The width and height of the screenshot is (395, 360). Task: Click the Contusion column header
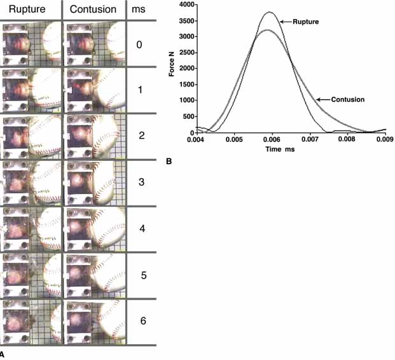coord(93,10)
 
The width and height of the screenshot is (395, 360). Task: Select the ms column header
coord(139,10)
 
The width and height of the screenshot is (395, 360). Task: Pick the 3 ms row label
coord(142,182)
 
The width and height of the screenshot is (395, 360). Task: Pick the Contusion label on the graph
coord(347,100)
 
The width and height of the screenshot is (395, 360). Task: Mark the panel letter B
coord(169,162)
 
